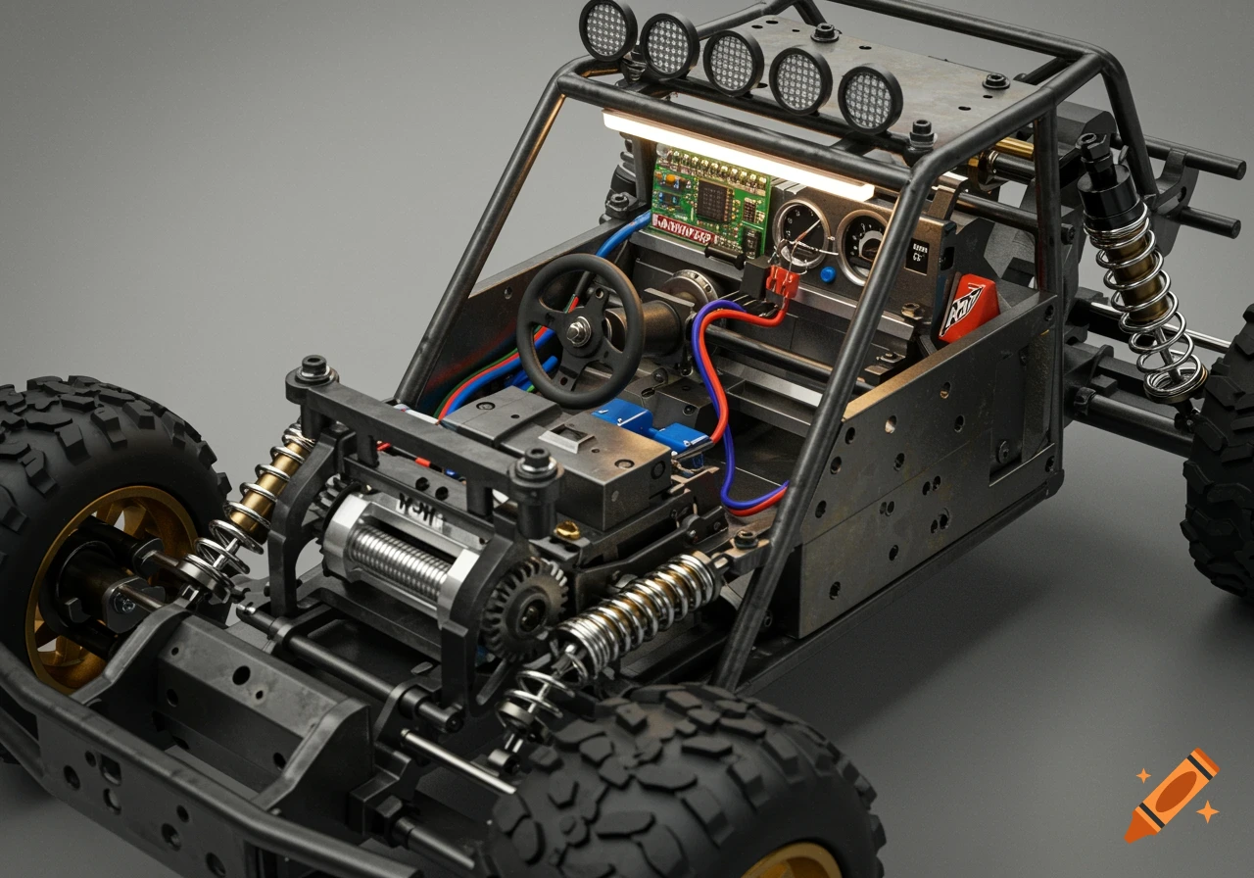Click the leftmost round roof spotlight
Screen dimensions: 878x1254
click(x=608, y=28)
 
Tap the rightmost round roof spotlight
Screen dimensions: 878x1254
click(x=870, y=99)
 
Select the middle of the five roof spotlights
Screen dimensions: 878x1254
click(x=733, y=61)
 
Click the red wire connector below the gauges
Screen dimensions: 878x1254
click(x=782, y=282)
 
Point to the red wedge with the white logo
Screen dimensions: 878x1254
click(x=967, y=310)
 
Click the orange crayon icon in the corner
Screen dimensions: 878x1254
click(x=1170, y=795)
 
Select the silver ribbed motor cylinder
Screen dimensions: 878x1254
click(x=397, y=560)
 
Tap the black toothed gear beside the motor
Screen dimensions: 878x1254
click(x=524, y=608)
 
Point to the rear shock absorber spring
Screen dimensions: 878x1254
click(x=1141, y=304)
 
